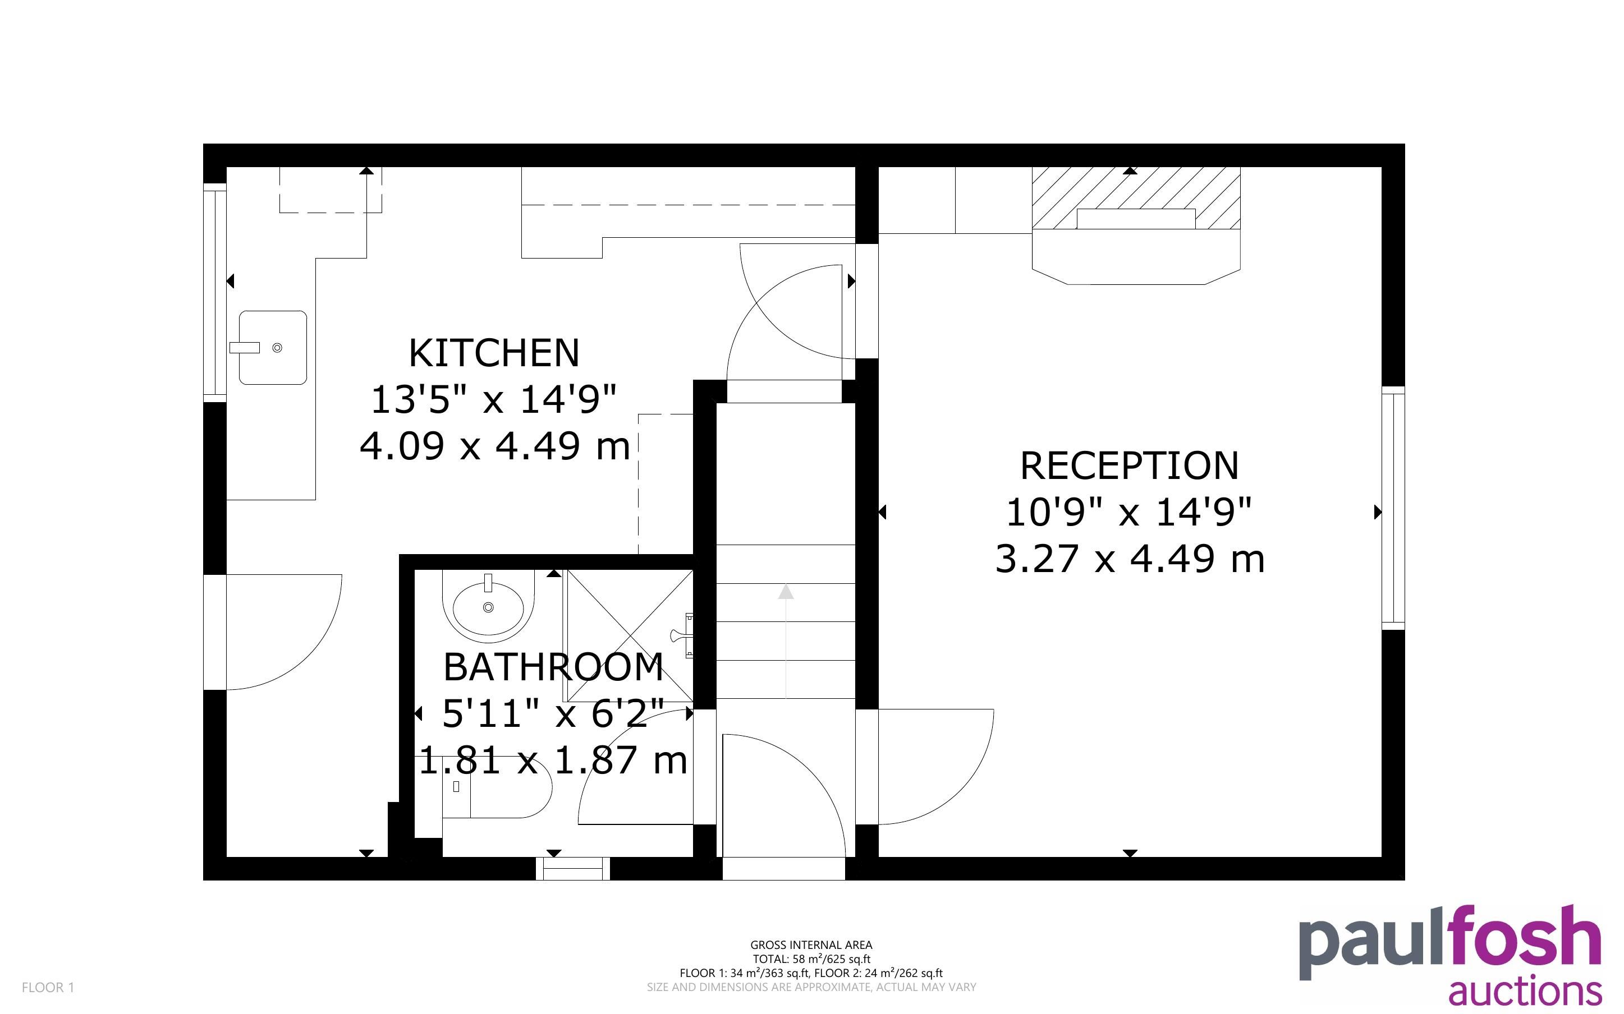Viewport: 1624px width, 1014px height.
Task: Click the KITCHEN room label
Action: tap(494, 353)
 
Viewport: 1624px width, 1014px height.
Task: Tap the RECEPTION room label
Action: tap(1130, 465)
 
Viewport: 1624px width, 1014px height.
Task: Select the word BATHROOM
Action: tap(553, 667)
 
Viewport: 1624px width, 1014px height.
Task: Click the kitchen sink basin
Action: tap(273, 347)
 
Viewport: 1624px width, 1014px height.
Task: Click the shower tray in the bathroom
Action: tap(630, 635)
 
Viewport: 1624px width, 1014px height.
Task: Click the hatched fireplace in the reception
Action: tap(1136, 199)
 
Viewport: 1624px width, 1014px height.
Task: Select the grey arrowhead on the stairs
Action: tap(786, 592)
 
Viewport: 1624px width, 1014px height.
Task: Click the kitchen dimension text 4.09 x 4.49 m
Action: tap(495, 446)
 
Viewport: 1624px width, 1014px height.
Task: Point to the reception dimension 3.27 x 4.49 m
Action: tap(1130, 559)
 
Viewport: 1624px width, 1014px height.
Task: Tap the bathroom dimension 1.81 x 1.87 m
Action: tap(553, 760)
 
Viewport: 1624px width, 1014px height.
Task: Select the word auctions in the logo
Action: tap(1525, 990)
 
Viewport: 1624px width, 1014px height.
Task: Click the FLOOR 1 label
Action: tap(48, 987)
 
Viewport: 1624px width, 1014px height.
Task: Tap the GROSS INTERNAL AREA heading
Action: tap(811, 945)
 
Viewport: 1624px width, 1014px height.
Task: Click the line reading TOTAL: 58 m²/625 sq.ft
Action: tap(811, 959)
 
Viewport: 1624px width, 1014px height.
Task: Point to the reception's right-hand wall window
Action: tap(1393, 508)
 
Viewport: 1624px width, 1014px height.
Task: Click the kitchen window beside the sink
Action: tap(215, 292)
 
